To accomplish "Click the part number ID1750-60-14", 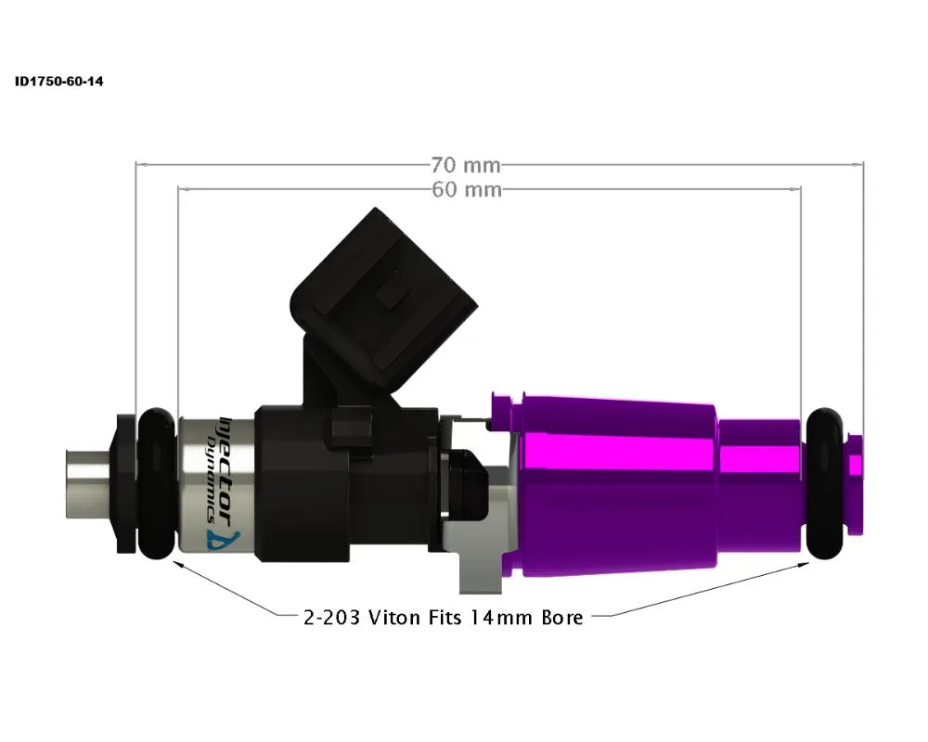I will pyautogui.click(x=58, y=82).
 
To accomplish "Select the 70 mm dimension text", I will pyautogui.click(x=465, y=166).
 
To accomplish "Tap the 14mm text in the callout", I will pyautogui.click(x=498, y=617).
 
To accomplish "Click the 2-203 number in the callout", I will pyautogui.click(x=333, y=617).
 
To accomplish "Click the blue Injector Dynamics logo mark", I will pyautogui.click(x=234, y=538).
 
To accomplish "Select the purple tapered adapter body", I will pyautogui.click(x=617, y=482).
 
